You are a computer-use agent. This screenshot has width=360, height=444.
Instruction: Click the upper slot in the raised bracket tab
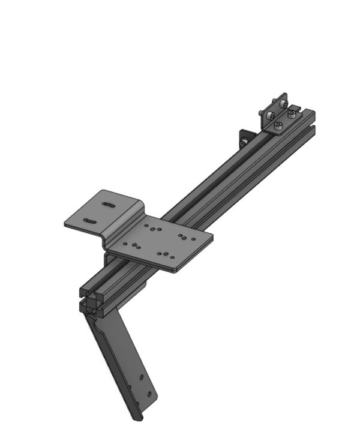[109, 205]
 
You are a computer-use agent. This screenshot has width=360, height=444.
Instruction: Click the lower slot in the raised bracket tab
[91, 222]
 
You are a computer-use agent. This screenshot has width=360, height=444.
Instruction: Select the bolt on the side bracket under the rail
[242, 143]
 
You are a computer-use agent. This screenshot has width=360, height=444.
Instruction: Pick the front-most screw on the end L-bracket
[278, 126]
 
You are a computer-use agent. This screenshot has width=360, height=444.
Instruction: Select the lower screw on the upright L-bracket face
[270, 114]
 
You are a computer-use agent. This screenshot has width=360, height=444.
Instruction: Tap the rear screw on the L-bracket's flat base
[292, 113]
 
